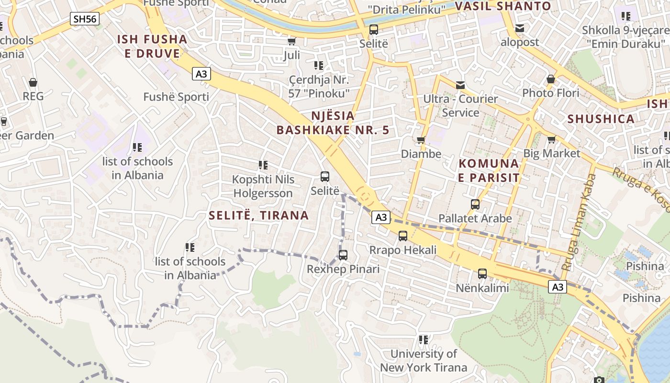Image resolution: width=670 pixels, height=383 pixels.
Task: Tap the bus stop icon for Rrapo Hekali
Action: tap(403, 236)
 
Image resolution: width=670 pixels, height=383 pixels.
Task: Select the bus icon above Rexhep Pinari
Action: tap(343, 255)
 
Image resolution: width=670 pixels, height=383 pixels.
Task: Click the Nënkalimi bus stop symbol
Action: tap(482, 274)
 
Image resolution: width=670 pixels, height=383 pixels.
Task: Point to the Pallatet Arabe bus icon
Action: tap(475, 204)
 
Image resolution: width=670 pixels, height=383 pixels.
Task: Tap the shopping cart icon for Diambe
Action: tap(421, 140)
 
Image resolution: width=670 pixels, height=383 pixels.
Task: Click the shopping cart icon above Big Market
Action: tap(551, 139)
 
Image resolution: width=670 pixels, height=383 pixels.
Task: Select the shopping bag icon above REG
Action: tap(33, 82)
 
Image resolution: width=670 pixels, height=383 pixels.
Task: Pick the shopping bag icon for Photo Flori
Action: tap(551, 79)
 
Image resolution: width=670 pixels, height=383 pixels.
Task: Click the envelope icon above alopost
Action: tap(520, 28)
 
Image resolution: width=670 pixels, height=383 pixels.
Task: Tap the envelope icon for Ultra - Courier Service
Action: tap(460, 85)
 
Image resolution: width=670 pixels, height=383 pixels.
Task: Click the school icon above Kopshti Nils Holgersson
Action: tap(263, 165)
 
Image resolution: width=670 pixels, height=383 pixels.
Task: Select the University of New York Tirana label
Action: tap(424, 360)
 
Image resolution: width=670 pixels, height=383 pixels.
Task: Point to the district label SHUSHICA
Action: tap(601, 119)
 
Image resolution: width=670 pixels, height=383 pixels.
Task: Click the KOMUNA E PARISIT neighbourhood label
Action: tap(489, 170)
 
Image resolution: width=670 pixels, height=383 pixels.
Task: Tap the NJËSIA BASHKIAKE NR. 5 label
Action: tap(333, 123)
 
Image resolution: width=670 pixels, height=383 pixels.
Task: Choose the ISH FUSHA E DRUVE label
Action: tap(152, 46)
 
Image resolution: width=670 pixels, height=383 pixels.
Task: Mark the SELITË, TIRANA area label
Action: tap(258, 215)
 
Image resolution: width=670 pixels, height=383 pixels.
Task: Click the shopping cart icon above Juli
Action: tap(292, 42)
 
